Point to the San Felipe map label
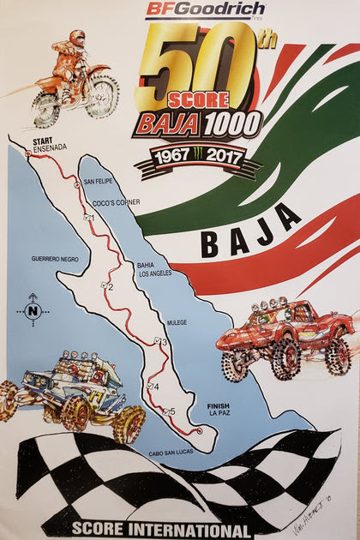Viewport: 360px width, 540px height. (x=98, y=182)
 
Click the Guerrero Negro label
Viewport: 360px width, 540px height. (x=55, y=258)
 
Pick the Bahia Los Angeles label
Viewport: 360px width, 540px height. (x=154, y=269)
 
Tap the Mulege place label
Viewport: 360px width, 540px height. (x=178, y=322)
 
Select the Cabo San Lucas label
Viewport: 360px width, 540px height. (x=171, y=453)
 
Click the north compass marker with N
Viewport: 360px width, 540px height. (x=33, y=310)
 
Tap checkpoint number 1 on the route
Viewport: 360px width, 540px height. (x=89, y=218)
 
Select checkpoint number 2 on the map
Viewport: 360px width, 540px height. (x=107, y=286)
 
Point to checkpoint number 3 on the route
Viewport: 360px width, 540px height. (x=160, y=342)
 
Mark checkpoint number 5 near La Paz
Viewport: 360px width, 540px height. (x=170, y=411)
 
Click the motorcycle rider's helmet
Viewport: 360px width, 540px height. (x=77, y=39)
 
